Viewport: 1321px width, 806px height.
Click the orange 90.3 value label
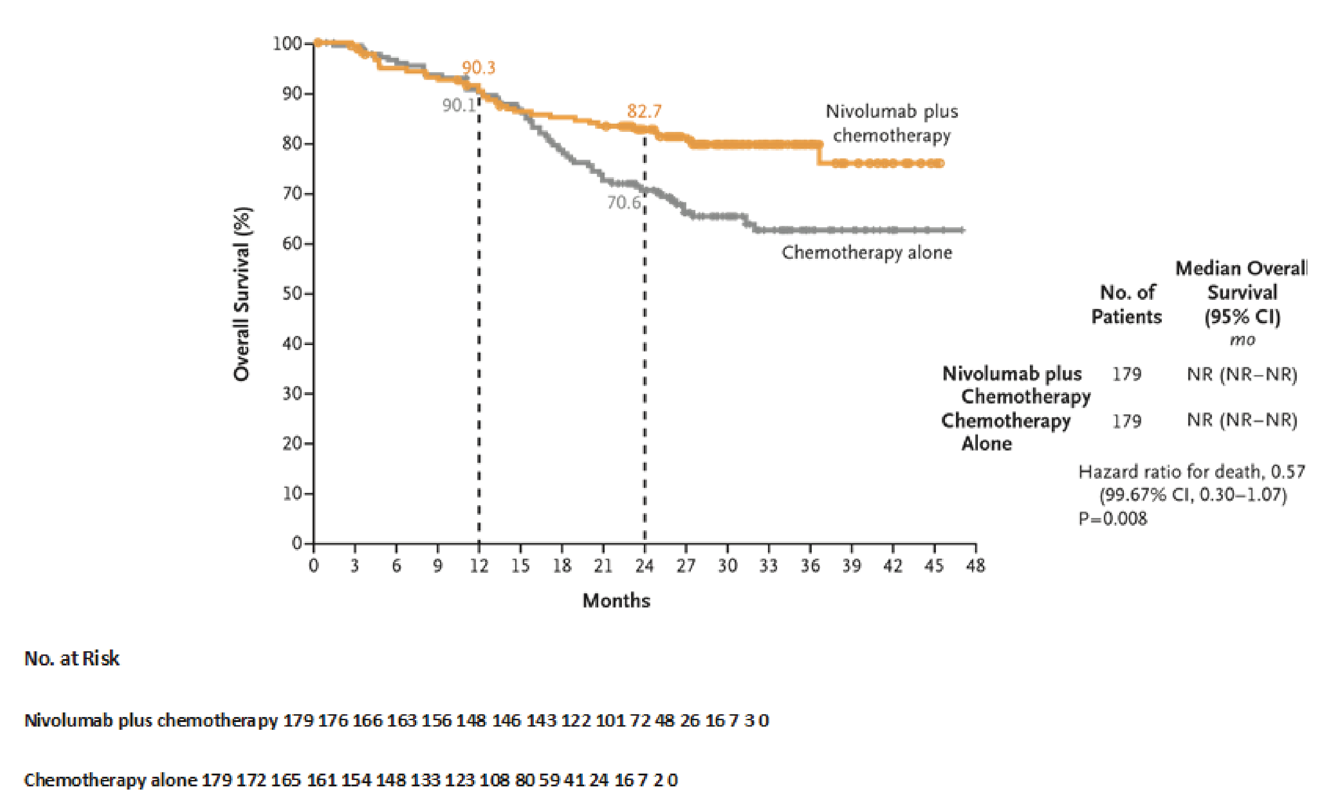click(x=478, y=68)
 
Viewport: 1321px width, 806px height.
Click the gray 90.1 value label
click(x=459, y=105)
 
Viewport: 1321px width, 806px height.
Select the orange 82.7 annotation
click(x=644, y=111)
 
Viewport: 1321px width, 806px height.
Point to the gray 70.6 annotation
click(x=623, y=203)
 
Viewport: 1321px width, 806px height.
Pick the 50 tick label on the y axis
click(x=292, y=294)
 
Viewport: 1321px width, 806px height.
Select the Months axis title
click(x=616, y=601)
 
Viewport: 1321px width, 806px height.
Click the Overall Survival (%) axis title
click(x=242, y=294)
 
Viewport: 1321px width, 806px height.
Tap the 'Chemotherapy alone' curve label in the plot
click(x=867, y=252)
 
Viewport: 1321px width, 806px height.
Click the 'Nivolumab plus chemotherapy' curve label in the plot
click(x=891, y=123)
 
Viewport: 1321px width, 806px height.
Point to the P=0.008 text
click(x=1112, y=518)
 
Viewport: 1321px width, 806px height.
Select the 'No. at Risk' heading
click(x=72, y=659)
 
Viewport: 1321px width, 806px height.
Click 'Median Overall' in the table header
click(x=1241, y=268)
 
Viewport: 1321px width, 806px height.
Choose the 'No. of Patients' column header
click(x=1127, y=304)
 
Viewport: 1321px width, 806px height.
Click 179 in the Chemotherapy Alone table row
click(x=1127, y=421)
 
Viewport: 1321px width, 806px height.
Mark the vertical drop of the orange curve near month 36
click(x=819, y=153)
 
